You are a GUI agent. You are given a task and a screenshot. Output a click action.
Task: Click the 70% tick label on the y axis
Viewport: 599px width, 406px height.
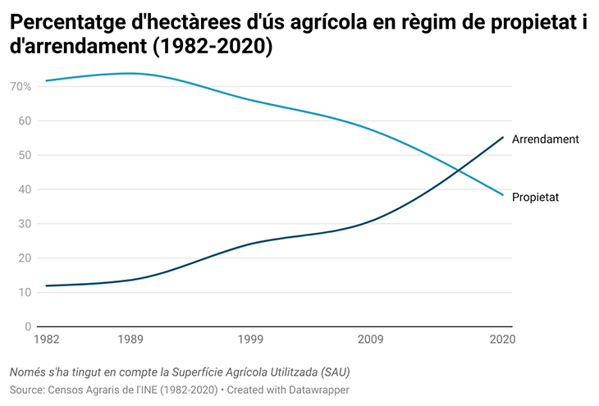pos(21,86)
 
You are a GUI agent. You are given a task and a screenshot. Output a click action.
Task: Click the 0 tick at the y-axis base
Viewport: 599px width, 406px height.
pos(27,327)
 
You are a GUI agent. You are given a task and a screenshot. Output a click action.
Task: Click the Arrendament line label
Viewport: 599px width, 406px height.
pos(545,139)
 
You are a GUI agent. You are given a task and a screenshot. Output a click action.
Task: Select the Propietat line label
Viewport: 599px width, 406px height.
pos(535,197)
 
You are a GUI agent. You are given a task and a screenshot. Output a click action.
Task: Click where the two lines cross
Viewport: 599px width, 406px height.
pos(458,170)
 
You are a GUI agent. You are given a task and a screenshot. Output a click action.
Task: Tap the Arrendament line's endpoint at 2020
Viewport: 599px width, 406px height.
pos(503,137)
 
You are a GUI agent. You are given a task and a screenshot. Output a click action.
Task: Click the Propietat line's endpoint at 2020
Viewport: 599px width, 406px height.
pos(503,195)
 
